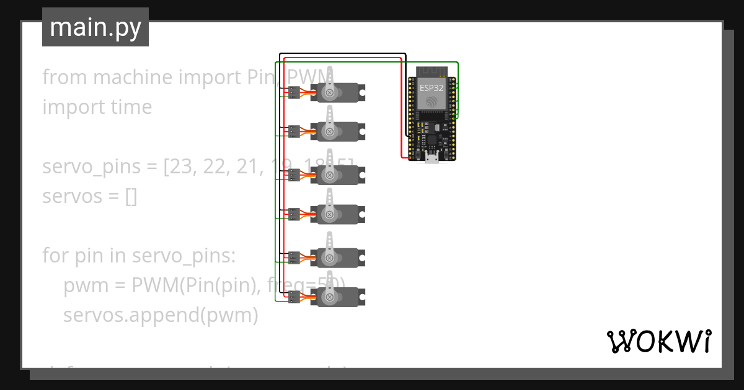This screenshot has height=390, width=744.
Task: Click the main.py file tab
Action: coord(95,27)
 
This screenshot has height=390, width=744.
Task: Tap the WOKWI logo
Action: coord(658,341)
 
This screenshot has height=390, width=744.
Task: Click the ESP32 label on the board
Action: coord(432,88)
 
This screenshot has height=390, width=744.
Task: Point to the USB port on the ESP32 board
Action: coord(432,158)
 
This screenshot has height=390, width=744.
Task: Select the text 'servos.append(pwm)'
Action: coord(160,315)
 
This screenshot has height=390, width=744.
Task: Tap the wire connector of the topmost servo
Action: coord(294,93)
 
